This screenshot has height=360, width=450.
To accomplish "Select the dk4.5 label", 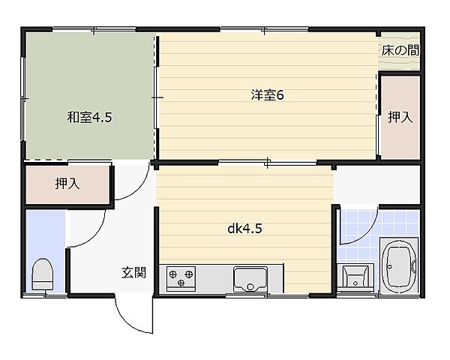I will [x=244, y=230].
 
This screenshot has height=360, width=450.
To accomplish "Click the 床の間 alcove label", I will [x=399, y=51].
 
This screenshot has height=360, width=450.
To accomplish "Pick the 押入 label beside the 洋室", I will [x=399, y=117].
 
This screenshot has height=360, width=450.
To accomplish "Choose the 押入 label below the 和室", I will [x=67, y=184].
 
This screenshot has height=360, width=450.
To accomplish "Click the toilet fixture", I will [x=42, y=276].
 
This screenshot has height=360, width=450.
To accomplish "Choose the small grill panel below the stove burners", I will [x=181, y=288].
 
